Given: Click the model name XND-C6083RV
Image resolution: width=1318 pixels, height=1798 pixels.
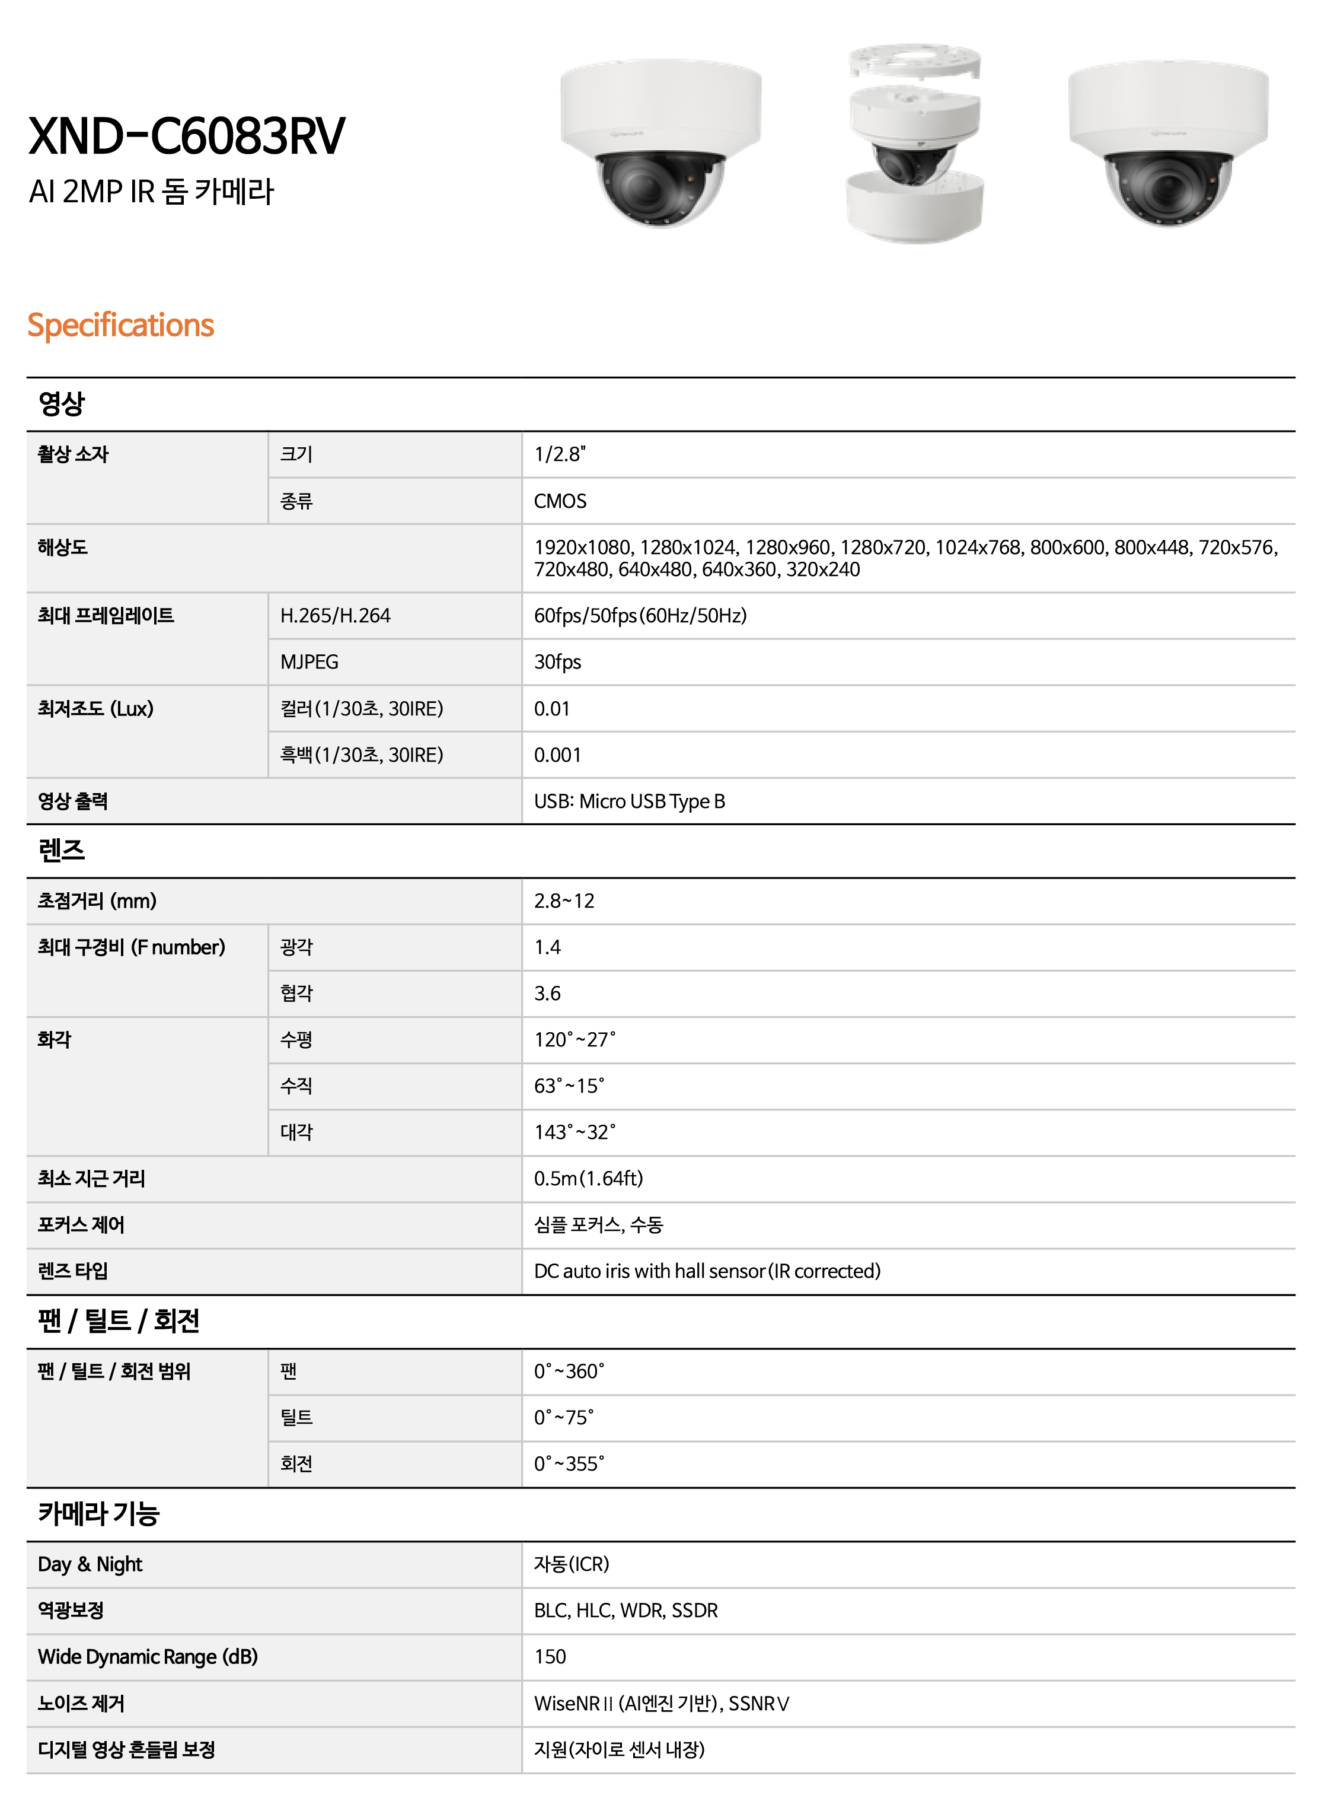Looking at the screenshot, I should pos(187,136).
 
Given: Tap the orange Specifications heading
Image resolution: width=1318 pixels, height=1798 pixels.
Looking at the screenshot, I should pos(120,325).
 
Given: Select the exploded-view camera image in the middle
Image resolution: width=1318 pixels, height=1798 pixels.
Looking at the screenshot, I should pos(914,143).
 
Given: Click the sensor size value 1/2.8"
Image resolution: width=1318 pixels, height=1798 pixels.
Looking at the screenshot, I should pos(559,454).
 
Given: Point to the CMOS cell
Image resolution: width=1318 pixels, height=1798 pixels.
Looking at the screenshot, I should pos(560,501).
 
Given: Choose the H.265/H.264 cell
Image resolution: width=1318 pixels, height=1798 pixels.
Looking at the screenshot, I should pos(335,615).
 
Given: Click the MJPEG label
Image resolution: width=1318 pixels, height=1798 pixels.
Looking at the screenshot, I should pos(309,661).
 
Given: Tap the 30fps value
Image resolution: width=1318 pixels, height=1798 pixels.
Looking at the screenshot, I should pos(558,661).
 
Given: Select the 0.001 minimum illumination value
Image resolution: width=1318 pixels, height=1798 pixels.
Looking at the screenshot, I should pos(558,755).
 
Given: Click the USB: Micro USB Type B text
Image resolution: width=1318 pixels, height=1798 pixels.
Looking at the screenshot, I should pos(630,801).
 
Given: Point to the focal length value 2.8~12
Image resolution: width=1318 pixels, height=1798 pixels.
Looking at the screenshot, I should pos(564,901).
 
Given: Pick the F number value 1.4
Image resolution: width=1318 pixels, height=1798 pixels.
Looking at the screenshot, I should pos(547,947).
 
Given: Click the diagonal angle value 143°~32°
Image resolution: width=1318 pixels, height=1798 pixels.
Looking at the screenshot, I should pos(575,1132).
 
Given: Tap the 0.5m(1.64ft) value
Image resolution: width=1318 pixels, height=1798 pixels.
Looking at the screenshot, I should pos(589,1178).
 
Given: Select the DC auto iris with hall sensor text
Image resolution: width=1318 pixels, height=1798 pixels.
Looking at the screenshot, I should pos(707,1271).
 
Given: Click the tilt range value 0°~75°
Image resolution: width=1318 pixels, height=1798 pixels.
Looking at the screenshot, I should pos(563,1417).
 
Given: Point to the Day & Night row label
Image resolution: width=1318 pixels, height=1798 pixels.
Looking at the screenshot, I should pos(90,1564).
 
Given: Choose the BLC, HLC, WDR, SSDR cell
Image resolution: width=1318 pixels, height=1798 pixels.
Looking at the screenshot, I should pos(626,1611).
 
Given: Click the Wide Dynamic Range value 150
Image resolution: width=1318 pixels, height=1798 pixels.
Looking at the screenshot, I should pos(550,1657).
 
